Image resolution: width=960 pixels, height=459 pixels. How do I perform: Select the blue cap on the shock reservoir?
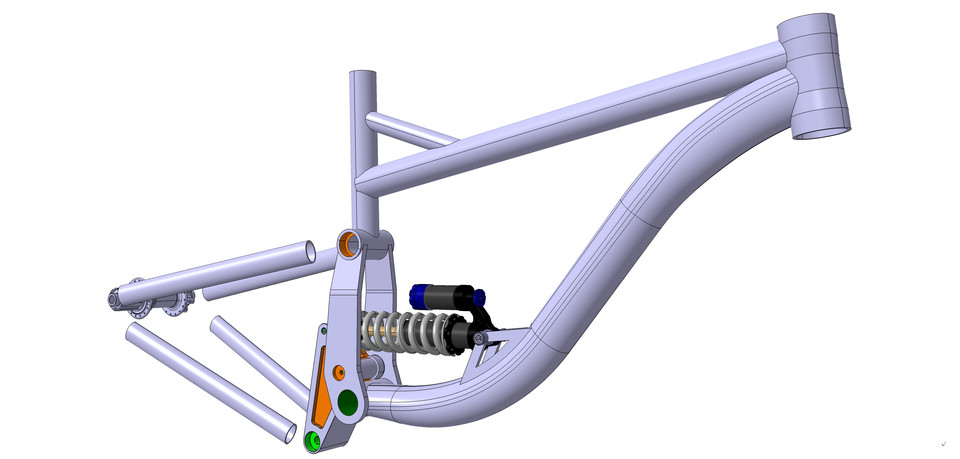tap(418, 295)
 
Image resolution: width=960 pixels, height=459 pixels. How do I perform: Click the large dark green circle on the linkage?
tap(349, 402)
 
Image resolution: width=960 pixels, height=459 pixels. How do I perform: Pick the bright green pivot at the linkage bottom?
tap(313, 441)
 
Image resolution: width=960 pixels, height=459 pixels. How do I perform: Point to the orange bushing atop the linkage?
tap(351, 242)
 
